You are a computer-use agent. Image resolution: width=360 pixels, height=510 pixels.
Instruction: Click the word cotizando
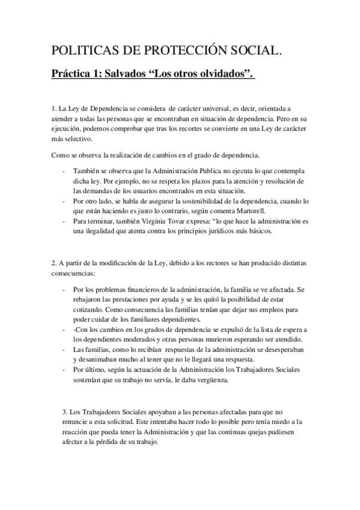coord(88,309)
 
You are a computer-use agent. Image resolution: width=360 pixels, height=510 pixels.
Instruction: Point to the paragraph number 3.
coord(64,412)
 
